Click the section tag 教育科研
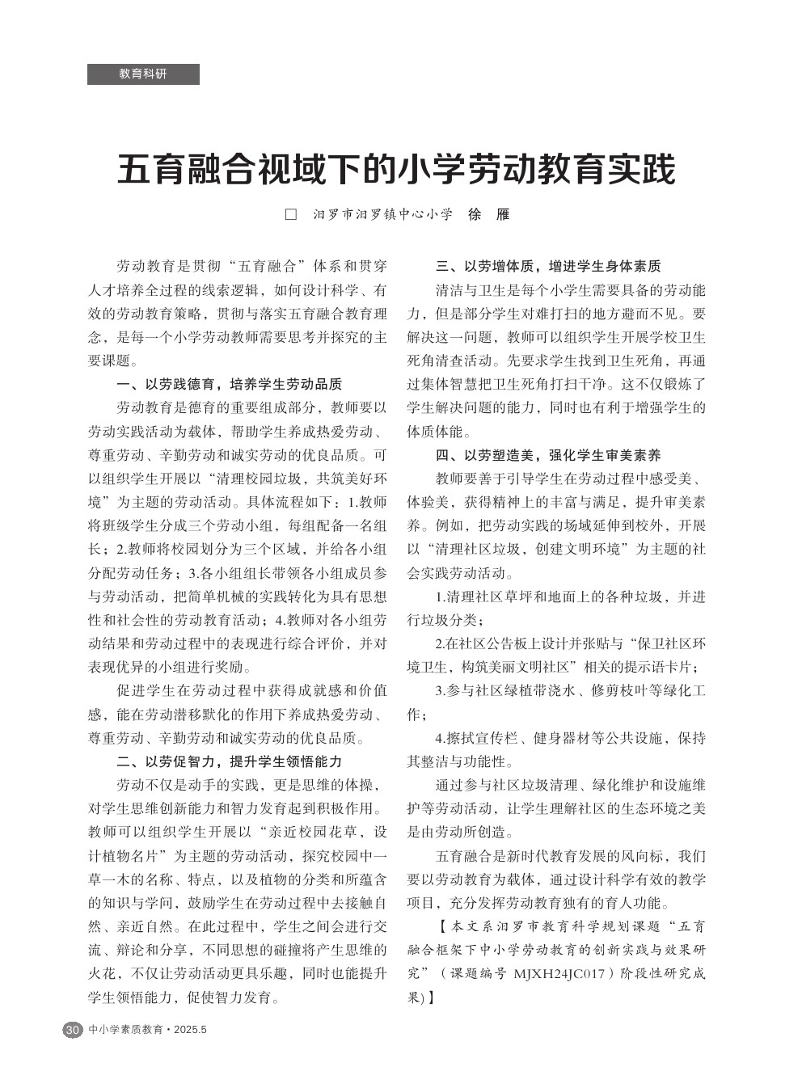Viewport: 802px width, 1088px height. coord(143,74)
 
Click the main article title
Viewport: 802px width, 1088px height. coord(396,171)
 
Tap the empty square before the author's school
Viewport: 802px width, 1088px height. coord(291,216)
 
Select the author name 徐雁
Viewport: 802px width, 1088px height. coord(489,215)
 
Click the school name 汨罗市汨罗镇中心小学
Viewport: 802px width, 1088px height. coord(382,216)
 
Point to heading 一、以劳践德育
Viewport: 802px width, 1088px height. coord(230,384)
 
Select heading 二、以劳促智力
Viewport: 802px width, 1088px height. coord(230,761)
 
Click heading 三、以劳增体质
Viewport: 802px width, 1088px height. coord(548,266)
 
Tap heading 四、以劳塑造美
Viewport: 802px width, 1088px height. coord(548,454)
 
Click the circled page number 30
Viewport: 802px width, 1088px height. coord(73,1030)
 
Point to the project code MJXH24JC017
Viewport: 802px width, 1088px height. coord(559,974)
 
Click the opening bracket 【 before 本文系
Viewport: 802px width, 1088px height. coord(441,926)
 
